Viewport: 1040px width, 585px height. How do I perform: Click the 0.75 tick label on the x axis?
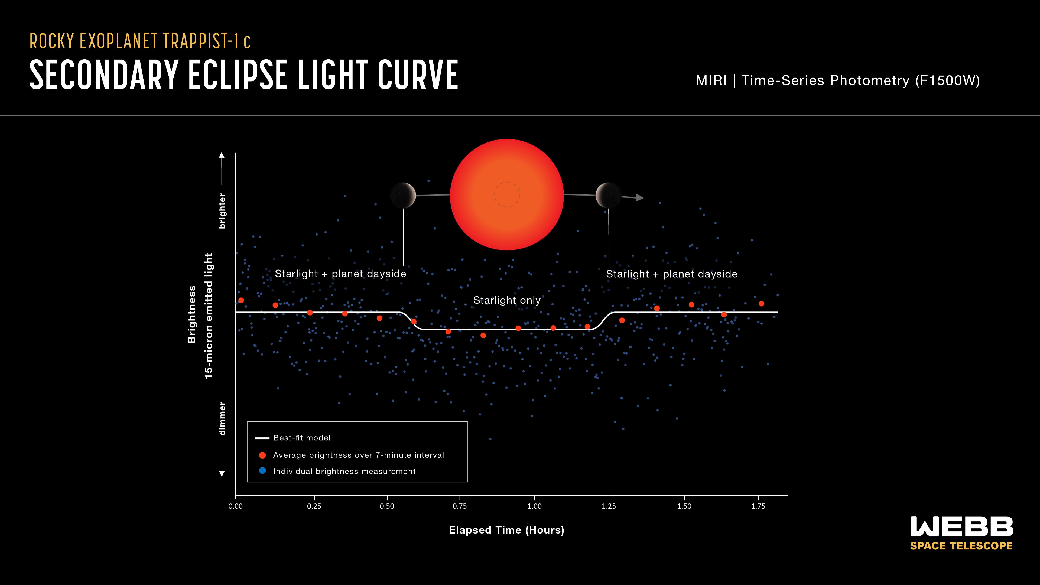pos(459,506)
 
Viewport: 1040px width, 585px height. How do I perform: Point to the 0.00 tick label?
pos(235,506)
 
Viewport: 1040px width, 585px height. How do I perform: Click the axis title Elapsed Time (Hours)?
pos(506,530)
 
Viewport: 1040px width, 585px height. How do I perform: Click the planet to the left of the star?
pos(403,195)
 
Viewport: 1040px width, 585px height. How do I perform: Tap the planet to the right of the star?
pos(608,195)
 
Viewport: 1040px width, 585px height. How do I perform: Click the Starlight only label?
pos(507,300)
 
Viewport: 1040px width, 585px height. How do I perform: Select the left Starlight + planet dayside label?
pos(340,274)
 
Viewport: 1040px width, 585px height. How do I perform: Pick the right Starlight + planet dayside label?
pos(671,274)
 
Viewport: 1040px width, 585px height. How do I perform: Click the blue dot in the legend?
pos(262,471)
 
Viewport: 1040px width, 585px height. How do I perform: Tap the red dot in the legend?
pos(262,455)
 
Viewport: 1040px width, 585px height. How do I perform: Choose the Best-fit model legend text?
pos(302,438)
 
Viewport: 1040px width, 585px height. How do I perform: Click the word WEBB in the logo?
pos(962,527)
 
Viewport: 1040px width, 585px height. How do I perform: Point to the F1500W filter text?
pos(947,80)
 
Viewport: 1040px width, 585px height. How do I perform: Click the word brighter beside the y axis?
pos(222,211)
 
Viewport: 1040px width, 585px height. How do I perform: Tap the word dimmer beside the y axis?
pos(222,418)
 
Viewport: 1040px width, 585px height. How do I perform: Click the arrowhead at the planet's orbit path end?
pos(640,197)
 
